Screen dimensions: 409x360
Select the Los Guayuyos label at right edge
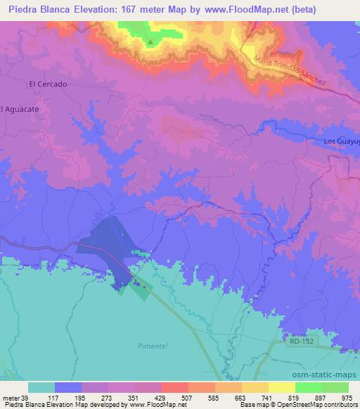coord(341,141)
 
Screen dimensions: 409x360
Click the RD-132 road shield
coord(302,342)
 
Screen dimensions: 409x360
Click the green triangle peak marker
coord(150,41)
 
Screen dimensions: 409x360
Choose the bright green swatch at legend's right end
coord(335,387)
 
